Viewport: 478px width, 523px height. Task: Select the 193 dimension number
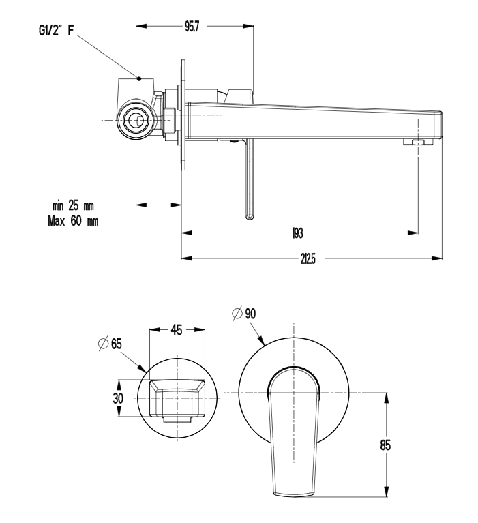tap(297, 233)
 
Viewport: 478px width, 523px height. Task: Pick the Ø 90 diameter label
tap(244, 313)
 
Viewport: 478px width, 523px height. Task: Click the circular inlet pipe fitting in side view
tap(138, 120)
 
